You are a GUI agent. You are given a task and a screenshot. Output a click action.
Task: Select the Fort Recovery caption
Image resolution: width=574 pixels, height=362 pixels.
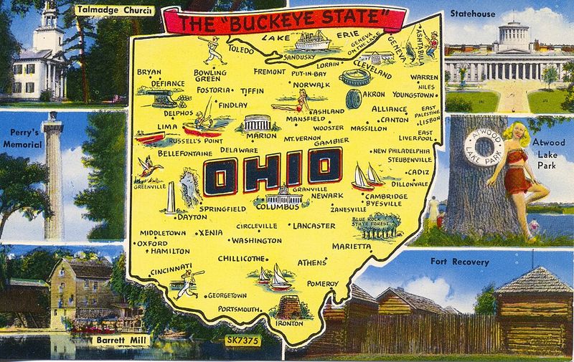[459, 262]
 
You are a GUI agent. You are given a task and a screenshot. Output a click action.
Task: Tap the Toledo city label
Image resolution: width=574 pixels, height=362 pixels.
[240, 51]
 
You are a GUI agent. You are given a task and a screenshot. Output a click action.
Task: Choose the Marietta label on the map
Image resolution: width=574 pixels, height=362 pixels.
[352, 246]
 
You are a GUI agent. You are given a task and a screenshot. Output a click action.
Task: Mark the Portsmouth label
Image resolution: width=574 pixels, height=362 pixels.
[240, 309]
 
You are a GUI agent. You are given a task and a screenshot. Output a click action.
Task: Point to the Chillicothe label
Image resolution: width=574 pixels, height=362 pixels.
[237, 259]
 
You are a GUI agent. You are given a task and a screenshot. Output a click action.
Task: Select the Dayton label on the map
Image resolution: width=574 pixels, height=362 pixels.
[192, 216]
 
